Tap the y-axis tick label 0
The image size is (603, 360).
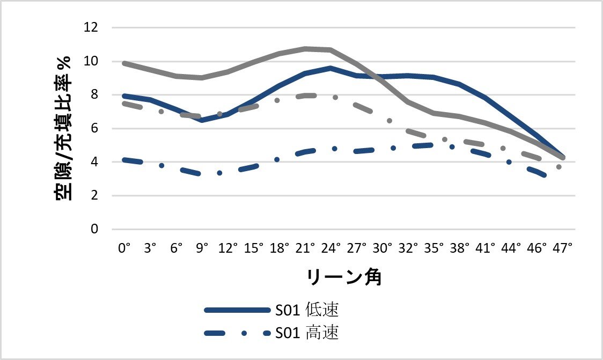94,229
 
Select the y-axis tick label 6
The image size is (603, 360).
94,128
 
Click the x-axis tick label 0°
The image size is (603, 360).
124,248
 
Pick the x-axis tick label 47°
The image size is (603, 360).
563,248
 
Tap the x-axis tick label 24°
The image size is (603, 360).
330,248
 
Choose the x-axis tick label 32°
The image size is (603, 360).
408,248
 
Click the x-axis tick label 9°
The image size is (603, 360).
202,248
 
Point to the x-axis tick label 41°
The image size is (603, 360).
486,248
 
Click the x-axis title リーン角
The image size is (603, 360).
344,277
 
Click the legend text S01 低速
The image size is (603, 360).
307,310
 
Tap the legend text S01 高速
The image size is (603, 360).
307,333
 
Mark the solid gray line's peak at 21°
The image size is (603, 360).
305,49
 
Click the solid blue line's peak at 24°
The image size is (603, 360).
330,68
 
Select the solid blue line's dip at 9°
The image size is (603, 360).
202,120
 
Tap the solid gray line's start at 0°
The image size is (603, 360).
124,63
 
